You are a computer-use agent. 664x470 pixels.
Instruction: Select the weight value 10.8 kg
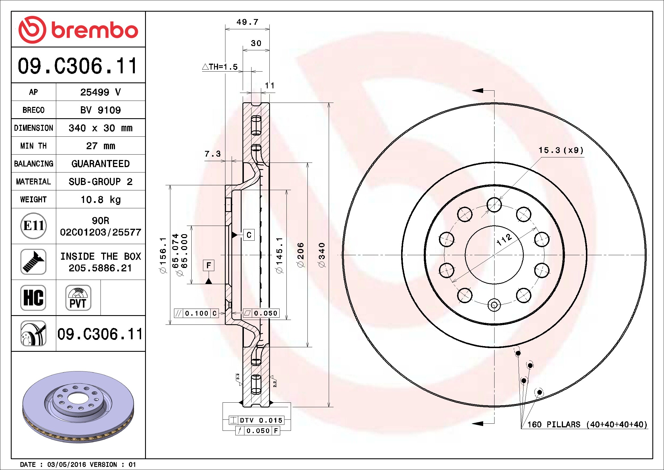[101, 199]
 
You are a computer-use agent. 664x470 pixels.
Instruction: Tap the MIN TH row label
[33, 146]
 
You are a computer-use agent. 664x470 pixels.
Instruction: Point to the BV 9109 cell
[101, 110]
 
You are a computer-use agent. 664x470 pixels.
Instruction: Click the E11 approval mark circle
[34, 226]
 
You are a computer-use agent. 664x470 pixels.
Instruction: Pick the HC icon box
[33, 298]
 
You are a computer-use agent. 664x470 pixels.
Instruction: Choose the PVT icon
[78, 298]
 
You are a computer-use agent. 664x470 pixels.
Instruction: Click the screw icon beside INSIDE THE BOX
[33, 262]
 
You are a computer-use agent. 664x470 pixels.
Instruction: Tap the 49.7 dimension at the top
[247, 22]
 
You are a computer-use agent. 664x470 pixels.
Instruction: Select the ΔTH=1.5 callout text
[220, 67]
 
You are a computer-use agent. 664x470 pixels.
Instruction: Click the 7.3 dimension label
[213, 154]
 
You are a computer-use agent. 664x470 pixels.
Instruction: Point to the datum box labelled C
[249, 235]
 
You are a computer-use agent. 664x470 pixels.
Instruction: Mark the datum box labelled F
[209, 265]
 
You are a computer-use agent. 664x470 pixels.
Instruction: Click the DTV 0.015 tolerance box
[257, 420]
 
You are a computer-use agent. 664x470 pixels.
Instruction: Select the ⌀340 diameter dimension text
[322, 255]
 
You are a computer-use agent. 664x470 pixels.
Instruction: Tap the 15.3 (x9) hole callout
[561, 150]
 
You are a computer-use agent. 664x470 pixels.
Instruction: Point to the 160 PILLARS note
[587, 425]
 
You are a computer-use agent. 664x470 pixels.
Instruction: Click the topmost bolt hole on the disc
[494, 205]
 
